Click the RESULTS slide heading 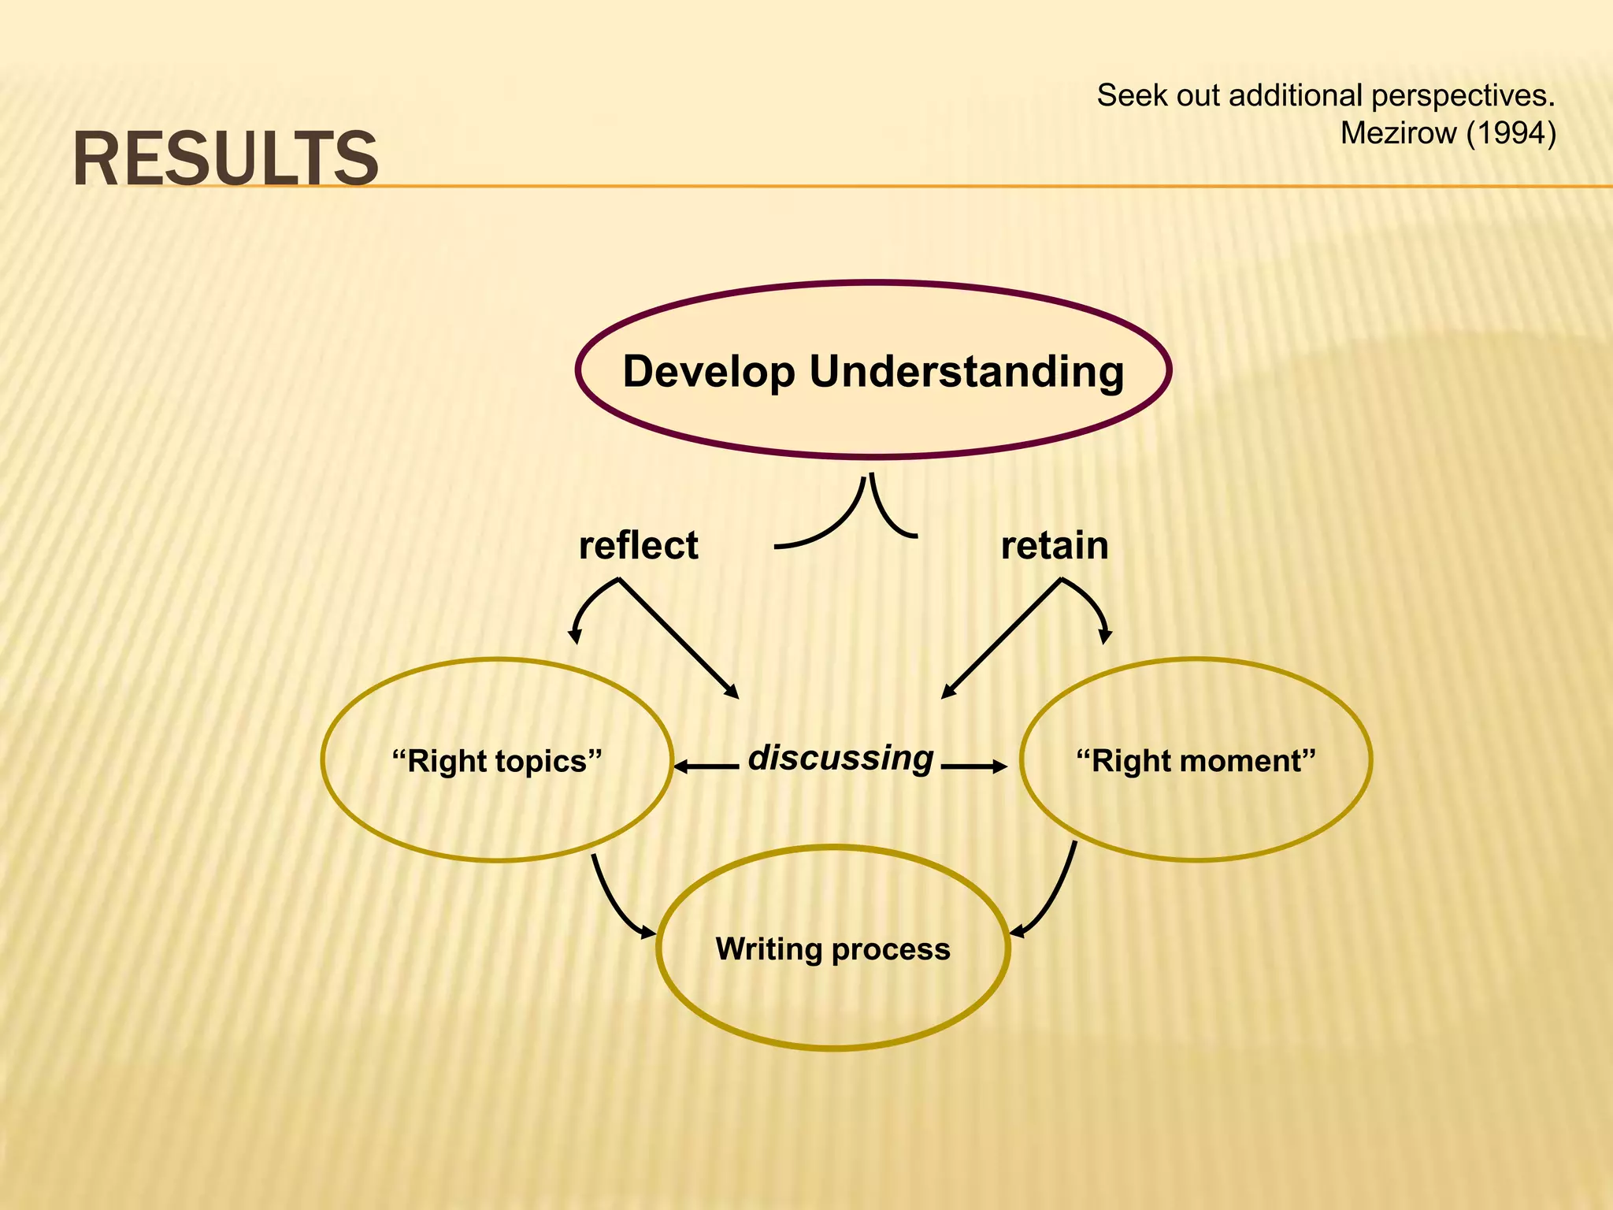pos(226,159)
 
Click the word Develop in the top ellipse pos(709,371)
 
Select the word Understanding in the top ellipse pos(966,371)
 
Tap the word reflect pos(638,545)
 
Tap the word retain pos(1054,545)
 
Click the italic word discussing pos(840,758)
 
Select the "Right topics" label pos(497,761)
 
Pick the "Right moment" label pos(1196,761)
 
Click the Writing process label pos(832,948)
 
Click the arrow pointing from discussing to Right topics pos(706,766)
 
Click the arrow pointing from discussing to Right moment pos(974,766)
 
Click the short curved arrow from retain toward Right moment pos(1093,603)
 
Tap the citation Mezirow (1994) pos(1448,133)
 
